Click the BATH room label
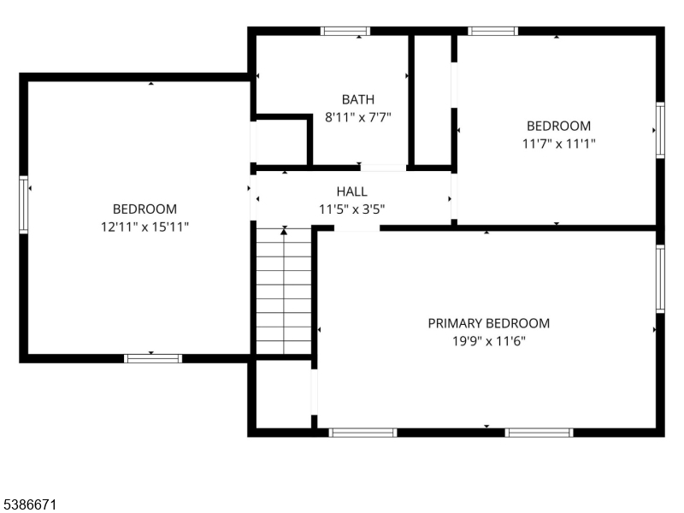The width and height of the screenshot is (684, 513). click(x=357, y=99)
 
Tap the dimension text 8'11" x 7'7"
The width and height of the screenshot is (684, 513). click(x=357, y=117)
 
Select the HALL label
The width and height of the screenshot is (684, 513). click(x=351, y=192)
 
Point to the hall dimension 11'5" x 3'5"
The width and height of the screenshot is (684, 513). click(x=351, y=209)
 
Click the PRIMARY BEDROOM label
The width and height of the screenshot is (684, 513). click(x=488, y=323)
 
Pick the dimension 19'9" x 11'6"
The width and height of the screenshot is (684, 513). click(x=488, y=340)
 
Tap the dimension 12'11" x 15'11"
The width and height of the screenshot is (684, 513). click(x=144, y=227)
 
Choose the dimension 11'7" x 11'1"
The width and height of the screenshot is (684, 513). click(x=559, y=144)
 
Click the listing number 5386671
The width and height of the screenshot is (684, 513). click(x=28, y=504)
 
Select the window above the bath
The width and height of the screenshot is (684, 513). click(x=345, y=31)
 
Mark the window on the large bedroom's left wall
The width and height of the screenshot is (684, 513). click(x=24, y=204)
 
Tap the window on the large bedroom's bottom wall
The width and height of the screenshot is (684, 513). click(x=153, y=358)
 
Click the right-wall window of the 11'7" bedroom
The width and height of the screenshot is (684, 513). click(x=660, y=130)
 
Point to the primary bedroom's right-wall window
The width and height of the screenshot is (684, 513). click(x=660, y=279)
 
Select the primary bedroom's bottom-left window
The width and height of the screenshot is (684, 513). click(x=363, y=433)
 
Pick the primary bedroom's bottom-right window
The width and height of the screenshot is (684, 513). click(x=540, y=433)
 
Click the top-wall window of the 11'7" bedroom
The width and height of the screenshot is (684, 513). click(x=493, y=31)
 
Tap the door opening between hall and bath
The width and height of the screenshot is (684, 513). click(x=383, y=168)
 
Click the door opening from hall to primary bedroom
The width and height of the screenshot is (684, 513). click(x=357, y=228)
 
